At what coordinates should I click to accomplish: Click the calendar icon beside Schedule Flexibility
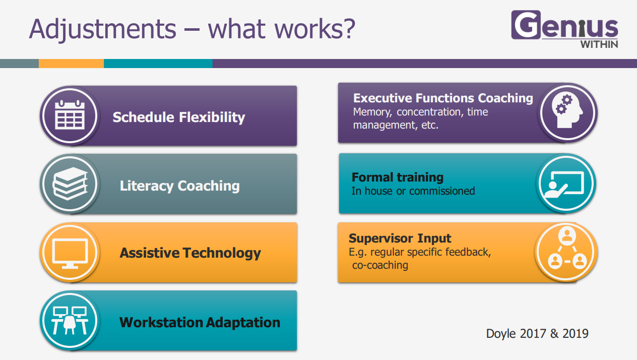(x=70, y=115)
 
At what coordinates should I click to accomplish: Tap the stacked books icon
(x=70, y=184)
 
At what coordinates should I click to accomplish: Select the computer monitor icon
(x=70, y=253)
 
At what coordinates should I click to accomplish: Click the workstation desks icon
(x=70, y=321)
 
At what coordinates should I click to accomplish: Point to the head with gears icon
(x=567, y=111)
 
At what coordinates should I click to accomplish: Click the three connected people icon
(x=567, y=249)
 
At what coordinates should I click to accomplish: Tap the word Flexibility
(x=212, y=117)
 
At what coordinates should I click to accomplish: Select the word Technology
(x=222, y=253)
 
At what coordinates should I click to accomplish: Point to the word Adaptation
(x=243, y=323)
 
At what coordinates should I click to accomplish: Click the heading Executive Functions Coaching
(x=443, y=98)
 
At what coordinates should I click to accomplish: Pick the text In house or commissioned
(x=413, y=191)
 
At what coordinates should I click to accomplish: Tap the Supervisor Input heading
(x=400, y=238)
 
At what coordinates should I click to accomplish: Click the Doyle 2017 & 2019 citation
(x=537, y=334)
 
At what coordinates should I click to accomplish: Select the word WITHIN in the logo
(x=599, y=44)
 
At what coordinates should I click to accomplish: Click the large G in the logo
(x=526, y=25)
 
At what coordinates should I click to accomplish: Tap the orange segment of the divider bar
(x=71, y=64)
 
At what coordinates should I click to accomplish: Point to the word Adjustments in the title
(x=103, y=30)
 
